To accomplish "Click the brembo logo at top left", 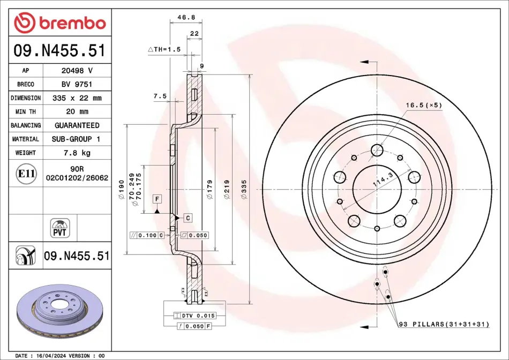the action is pyautogui.click(x=60, y=22).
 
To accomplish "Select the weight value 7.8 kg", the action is pyautogui.click(x=77, y=153).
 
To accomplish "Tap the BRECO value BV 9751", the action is pyautogui.click(x=77, y=84).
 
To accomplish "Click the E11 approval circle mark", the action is pyautogui.click(x=26, y=174).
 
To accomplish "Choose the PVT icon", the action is pyautogui.click(x=59, y=228).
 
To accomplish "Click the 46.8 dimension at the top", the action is pyautogui.click(x=186, y=17).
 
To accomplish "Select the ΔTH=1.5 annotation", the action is pyautogui.click(x=164, y=49).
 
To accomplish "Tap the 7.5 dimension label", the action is pyautogui.click(x=160, y=96).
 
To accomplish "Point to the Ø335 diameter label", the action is pyautogui.click(x=244, y=189).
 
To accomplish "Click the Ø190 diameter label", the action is pyautogui.click(x=122, y=190).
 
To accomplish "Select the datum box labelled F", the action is pyautogui.click(x=157, y=199).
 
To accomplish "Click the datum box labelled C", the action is pyautogui.click(x=188, y=218).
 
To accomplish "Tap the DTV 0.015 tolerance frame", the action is pyautogui.click(x=194, y=316).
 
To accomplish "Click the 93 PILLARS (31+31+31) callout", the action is pyautogui.click(x=444, y=324).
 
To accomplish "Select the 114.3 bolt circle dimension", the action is pyautogui.click(x=384, y=179).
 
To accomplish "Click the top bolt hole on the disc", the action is pyautogui.click(x=377, y=150).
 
